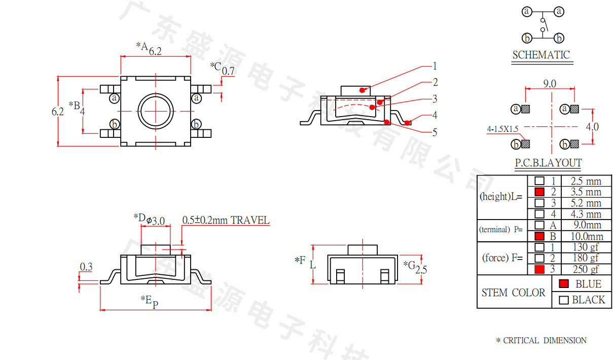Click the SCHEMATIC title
coord(541,55)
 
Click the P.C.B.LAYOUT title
coord(549,163)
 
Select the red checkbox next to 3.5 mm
coord(539,192)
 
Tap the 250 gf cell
coord(586,269)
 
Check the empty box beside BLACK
coord(564,300)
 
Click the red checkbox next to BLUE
coord(564,283)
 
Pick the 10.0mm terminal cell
coord(587,236)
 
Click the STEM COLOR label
coord(514,293)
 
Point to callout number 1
coord(435,66)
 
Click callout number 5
coord(435,132)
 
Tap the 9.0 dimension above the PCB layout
coord(550,84)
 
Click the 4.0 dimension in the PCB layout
coord(592,127)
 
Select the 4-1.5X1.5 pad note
coord(502,129)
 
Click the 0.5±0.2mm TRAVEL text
coord(226,220)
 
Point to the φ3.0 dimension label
coord(156,221)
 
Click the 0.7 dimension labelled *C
coord(228,71)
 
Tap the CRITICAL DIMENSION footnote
coord(542,340)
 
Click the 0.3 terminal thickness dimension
coord(86,267)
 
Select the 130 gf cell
coord(586,247)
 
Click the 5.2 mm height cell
coord(586,203)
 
